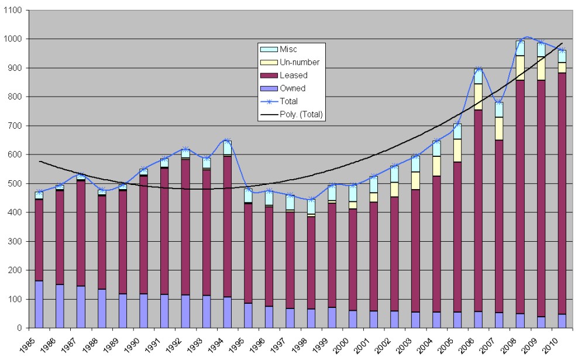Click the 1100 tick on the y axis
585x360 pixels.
click(13, 11)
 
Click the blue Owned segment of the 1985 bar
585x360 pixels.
click(39, 304)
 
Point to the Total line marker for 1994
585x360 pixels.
click(227, 141)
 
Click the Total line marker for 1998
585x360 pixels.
click(311, 200)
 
